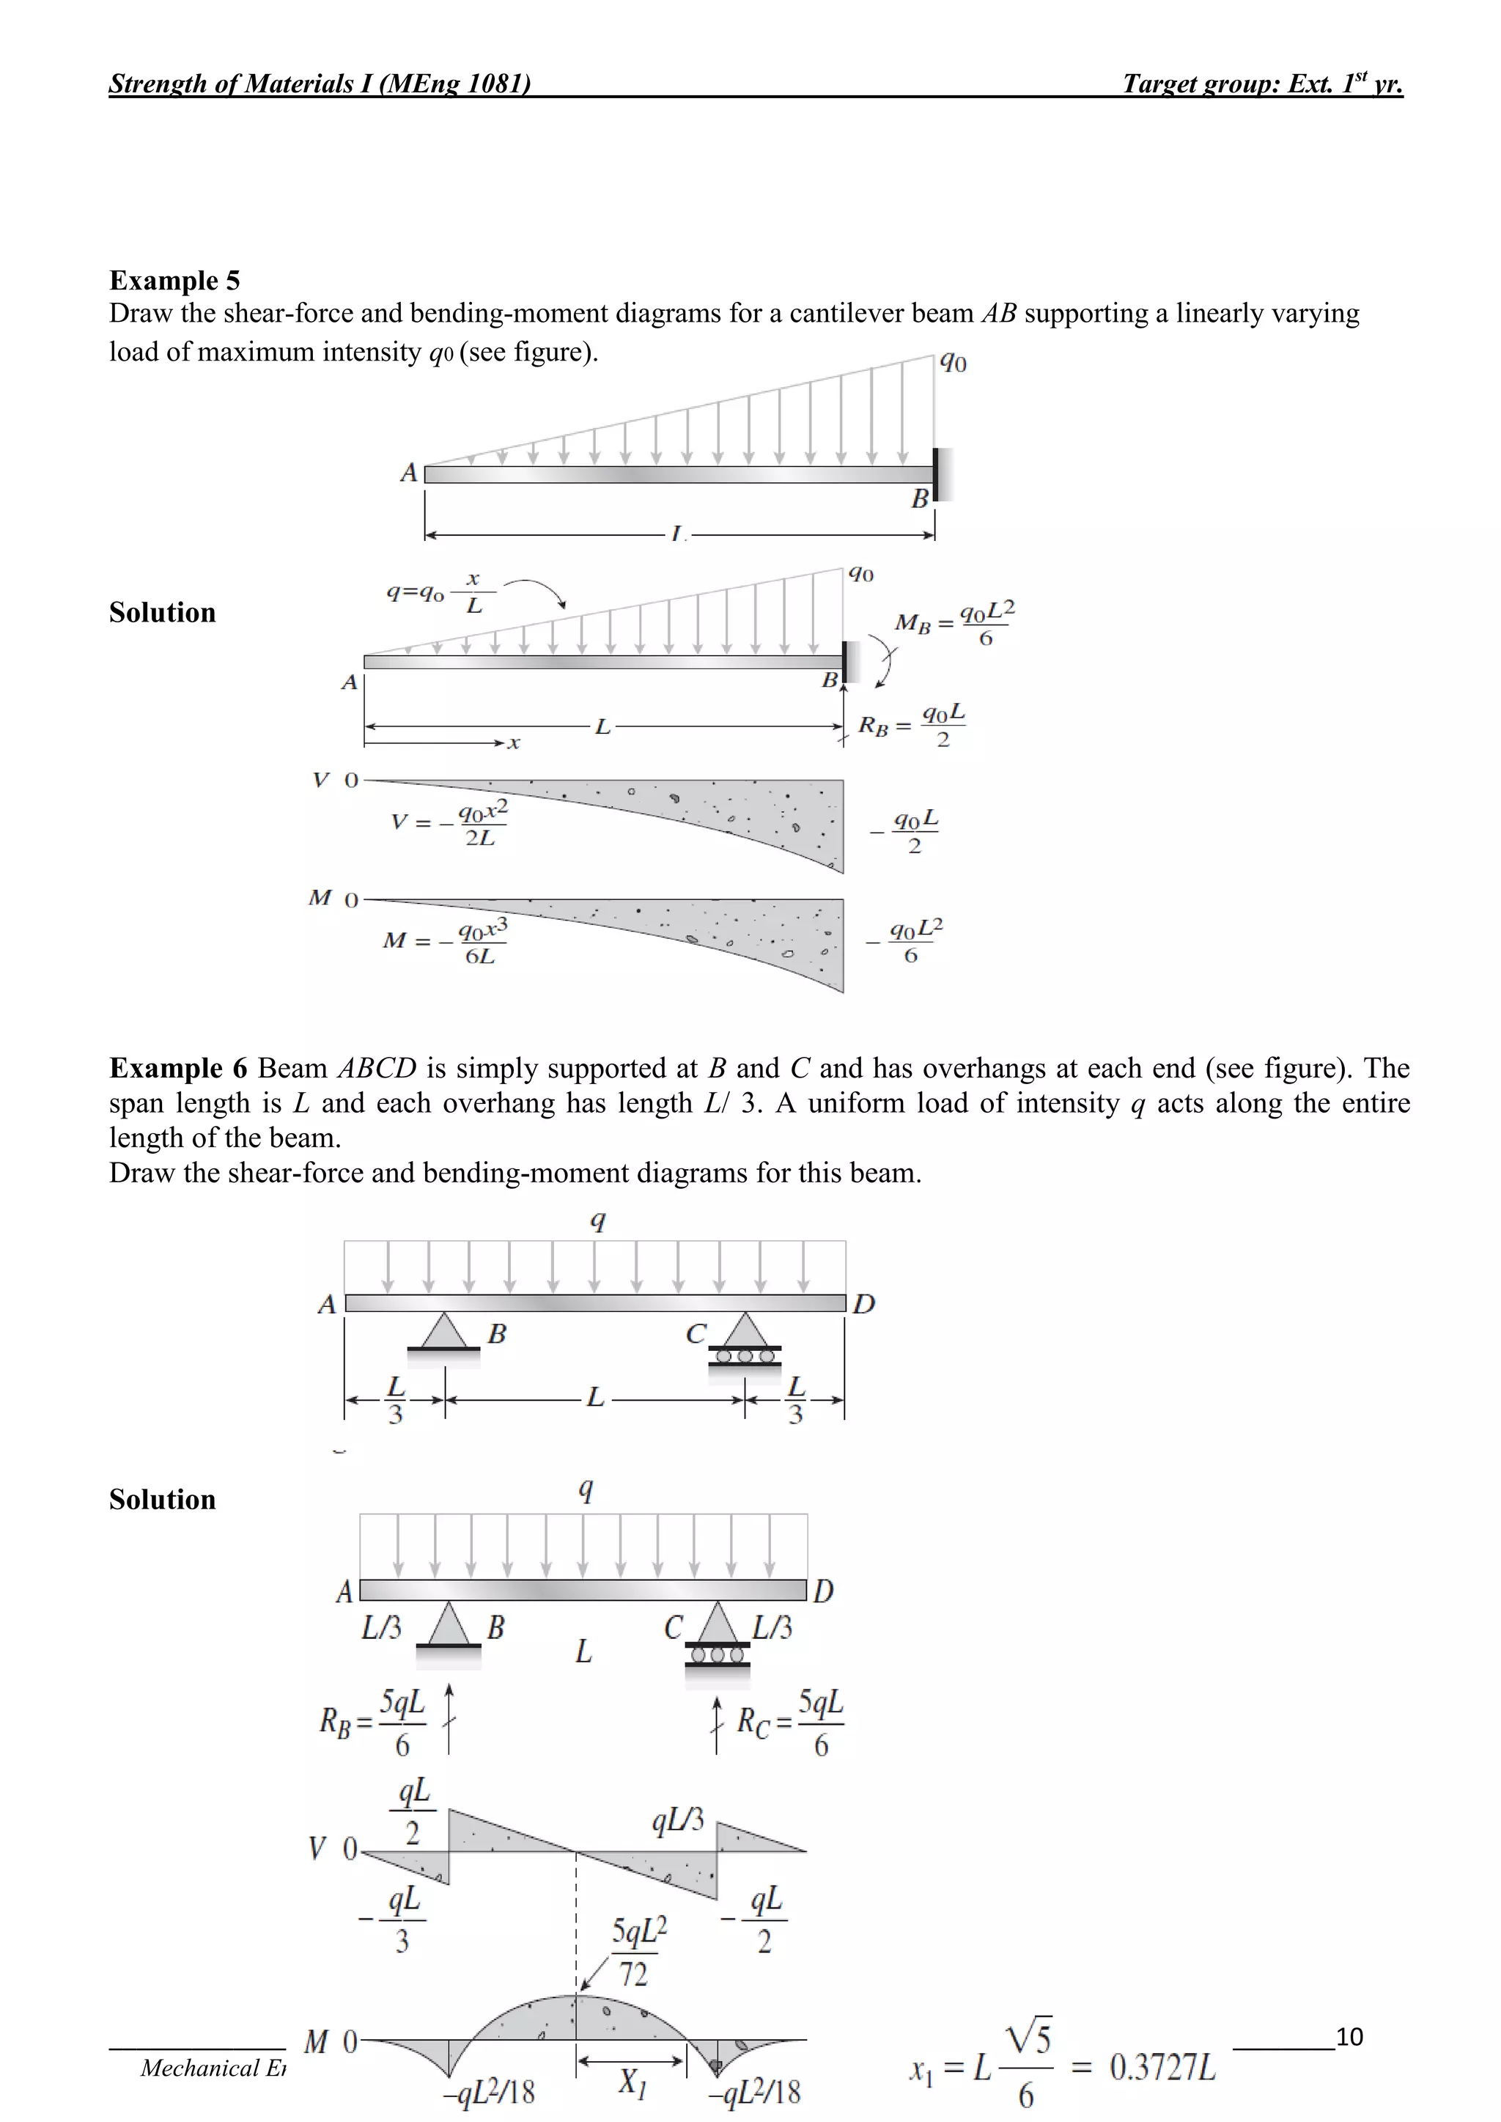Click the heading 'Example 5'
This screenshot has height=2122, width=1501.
(x=174, y=280)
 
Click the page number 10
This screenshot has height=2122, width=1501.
(x=1349, y=2036)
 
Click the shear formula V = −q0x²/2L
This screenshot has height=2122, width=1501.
(x=450, y=822)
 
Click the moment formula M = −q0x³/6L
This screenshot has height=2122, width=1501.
(x=446, y=941)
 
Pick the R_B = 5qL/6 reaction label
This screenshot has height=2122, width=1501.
(x=373, y=1722)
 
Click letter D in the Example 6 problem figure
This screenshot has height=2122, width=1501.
(x=863, y=1304)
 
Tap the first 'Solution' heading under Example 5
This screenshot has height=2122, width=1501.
(x=163, y=612)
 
